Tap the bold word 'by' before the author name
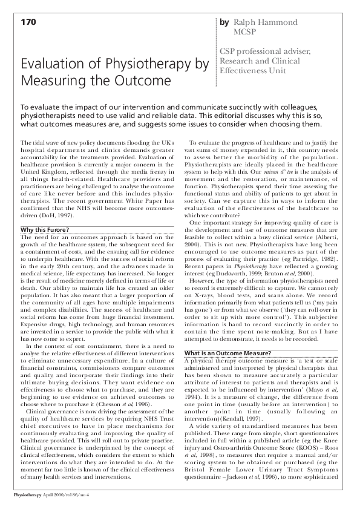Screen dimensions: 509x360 click(224, 22)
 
